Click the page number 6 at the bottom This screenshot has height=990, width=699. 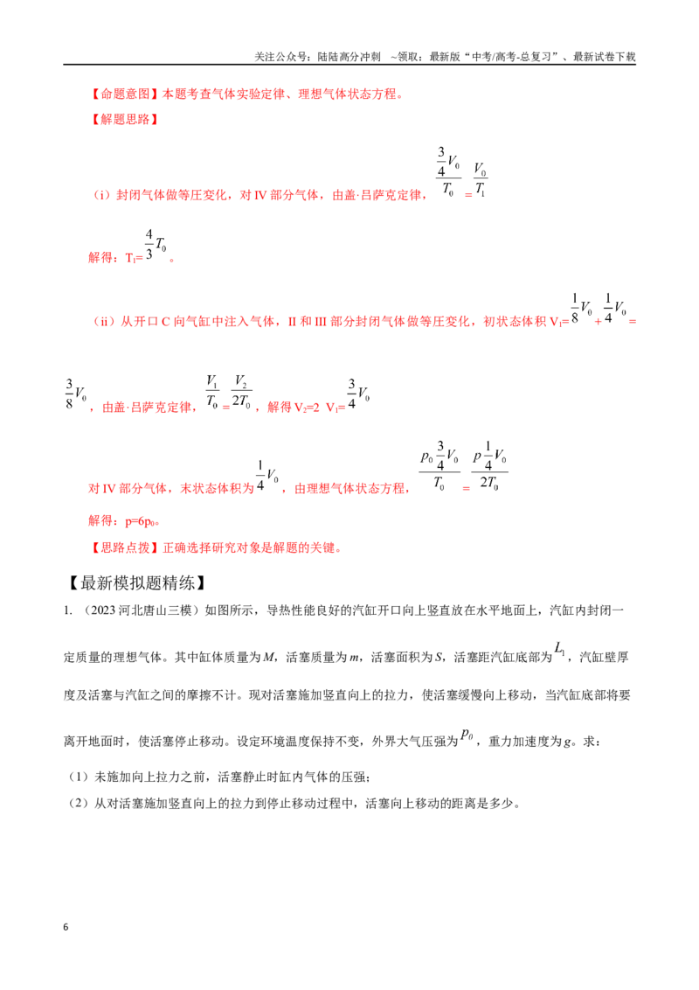[x=66, y=927]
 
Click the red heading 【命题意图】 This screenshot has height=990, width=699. [x=125, y=94]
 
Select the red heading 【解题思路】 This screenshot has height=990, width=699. [x=125, y=119]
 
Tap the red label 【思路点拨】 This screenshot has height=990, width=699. [x=125, y=547]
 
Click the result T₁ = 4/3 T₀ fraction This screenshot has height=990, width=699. [x=156, y=245]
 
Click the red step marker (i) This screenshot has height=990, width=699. [x=102, y=195]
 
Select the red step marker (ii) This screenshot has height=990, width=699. [x=104, y=321]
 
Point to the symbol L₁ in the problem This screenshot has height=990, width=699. [x=559, y=648]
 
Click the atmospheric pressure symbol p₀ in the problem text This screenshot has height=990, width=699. [x=467, y=734]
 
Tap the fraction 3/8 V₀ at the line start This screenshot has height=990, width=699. [x=76, y=394]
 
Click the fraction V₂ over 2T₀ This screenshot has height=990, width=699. [x=241, y=392]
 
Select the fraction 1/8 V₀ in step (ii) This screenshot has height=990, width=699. [x=582, y=309]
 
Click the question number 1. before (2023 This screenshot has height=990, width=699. [x=67, y=611]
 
